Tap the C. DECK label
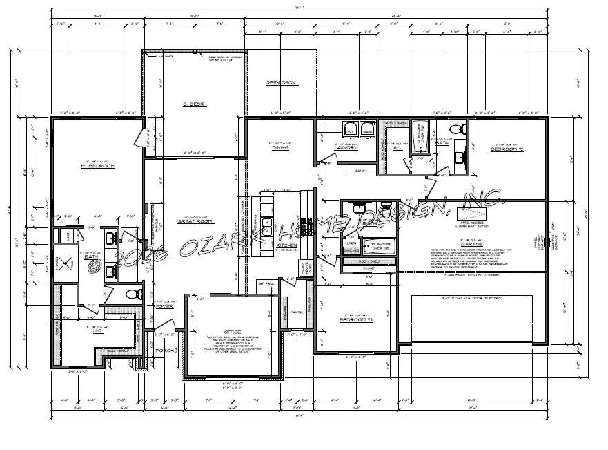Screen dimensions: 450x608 (x=194, y=104)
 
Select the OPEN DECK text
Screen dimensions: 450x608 (x=281, y=83)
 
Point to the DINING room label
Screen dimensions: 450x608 (x=280, y=148)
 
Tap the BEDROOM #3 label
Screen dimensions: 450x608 (x=355, y=320)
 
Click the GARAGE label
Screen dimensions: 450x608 (x=471, y=244)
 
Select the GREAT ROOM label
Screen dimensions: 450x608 (x=193, y=221)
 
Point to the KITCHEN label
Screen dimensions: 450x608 (x=286, y=245)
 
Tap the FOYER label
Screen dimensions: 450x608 (x=164, y=306)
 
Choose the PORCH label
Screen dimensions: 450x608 (x=164, y=350)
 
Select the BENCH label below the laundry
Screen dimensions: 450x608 (x=360, y=171)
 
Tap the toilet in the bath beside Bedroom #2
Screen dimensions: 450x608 (x=455, y=130)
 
